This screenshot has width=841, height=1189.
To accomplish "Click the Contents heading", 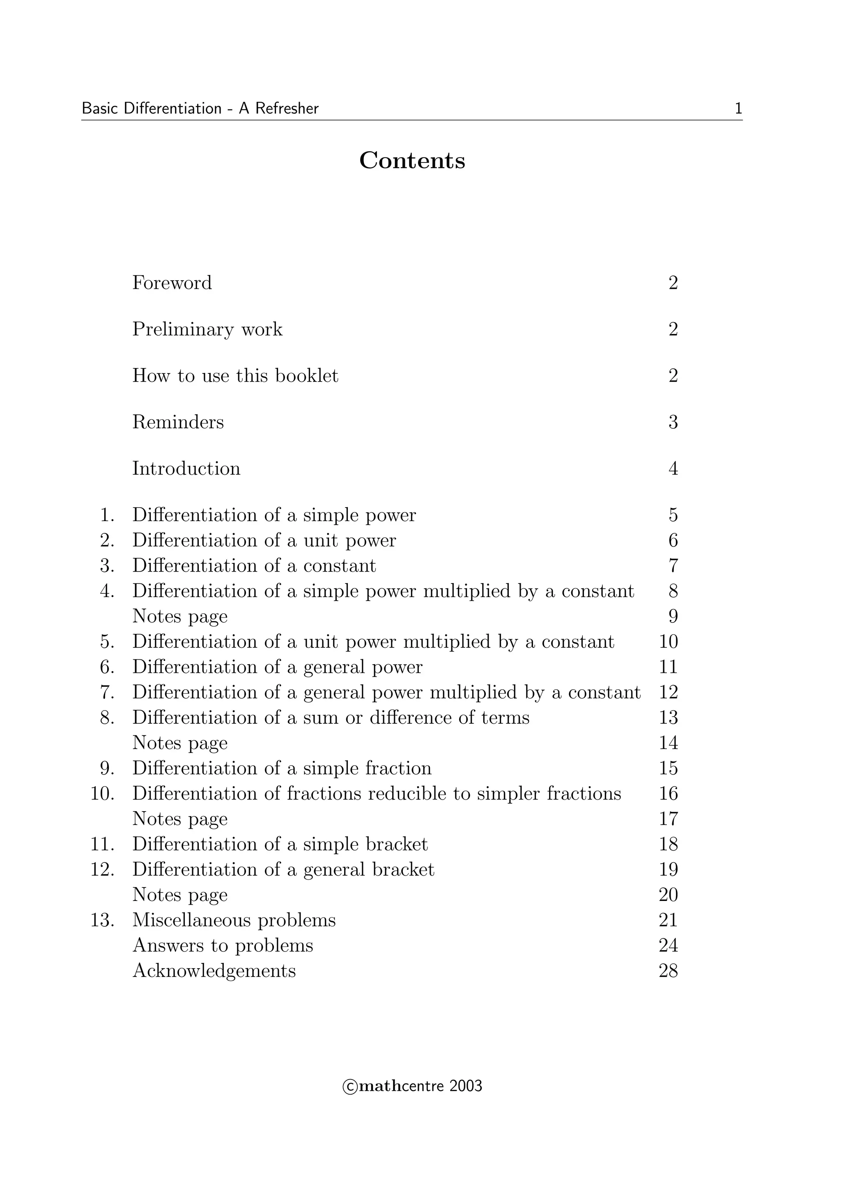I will click(x=412, y=160).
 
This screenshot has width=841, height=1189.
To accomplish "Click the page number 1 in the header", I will click(x=738, y=109).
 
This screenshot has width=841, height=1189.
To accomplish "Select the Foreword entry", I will click(x=172, y=283).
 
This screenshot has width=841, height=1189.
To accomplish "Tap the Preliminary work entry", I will click(x=207, y=329).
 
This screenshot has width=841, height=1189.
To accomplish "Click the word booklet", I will click(x=306, y=376).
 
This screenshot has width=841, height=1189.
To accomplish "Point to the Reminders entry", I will click(x=178, y=422).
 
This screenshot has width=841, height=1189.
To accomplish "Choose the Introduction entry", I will click(x=186, y=469).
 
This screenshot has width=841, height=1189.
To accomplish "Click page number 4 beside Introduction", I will click(x=673, y=469).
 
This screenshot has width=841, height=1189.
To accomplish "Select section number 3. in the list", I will click(x=107, y=565).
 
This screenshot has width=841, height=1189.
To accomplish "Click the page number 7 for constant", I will click(x=673, y=565).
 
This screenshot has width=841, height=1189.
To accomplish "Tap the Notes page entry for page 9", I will click(x=180, y=616).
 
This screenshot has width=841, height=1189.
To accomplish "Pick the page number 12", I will click(x=669, y=693).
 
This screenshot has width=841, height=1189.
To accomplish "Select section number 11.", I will click(x=103, y=844).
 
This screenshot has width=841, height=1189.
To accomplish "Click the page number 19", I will click(x=669, y=869).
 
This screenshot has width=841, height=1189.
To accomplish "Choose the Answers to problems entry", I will click(x=223, y=946).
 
